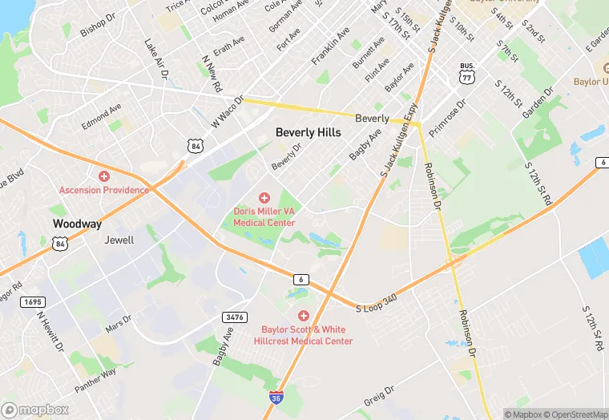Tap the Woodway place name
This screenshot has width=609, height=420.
[77, 224]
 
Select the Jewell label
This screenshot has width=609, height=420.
[119, 240]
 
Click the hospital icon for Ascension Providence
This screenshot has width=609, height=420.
[103, 176]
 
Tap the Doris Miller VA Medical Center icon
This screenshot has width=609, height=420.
[264, 197]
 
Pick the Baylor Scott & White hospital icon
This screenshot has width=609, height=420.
[303, 316]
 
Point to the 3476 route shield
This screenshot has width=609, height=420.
[233, 317]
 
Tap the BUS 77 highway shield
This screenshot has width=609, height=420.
[467, 73]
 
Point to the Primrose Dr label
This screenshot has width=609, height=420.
[454, 114]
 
